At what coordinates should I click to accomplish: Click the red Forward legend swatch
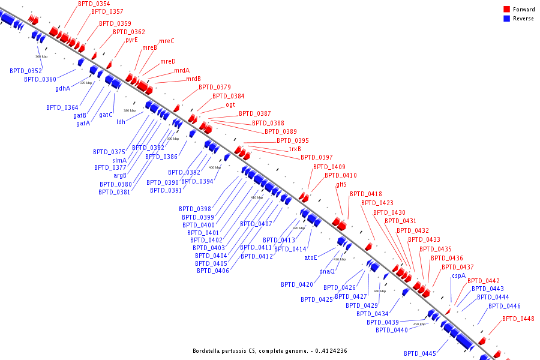[x=507, y=9]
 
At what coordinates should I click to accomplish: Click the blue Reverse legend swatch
[x=507, y=19]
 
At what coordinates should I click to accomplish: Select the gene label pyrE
[x=131, y=40]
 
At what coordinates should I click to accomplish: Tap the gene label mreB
[x=149, y=47]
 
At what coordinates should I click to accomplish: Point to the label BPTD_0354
[x=94, y=4]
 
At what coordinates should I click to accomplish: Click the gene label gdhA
[x=62, y=88]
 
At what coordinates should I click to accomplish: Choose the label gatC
[x=106, y=115]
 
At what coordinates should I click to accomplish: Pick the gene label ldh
[x=121, y=122]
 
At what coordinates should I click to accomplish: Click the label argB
[x=120, y=175]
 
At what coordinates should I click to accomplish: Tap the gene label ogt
[x=230, y=104]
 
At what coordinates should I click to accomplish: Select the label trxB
[x=295, y=149]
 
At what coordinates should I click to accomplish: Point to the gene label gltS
[x=341, y=184]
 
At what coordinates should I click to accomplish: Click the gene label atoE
[x=310, y=257]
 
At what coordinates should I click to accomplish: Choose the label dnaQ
[x=326, y=271]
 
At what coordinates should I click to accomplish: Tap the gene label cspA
[x=458, y=275]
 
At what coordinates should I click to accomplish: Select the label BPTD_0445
[x=419, y=353]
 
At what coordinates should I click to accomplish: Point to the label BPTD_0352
[x=26, y=71]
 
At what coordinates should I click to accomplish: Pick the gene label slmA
[x=119, y=160]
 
